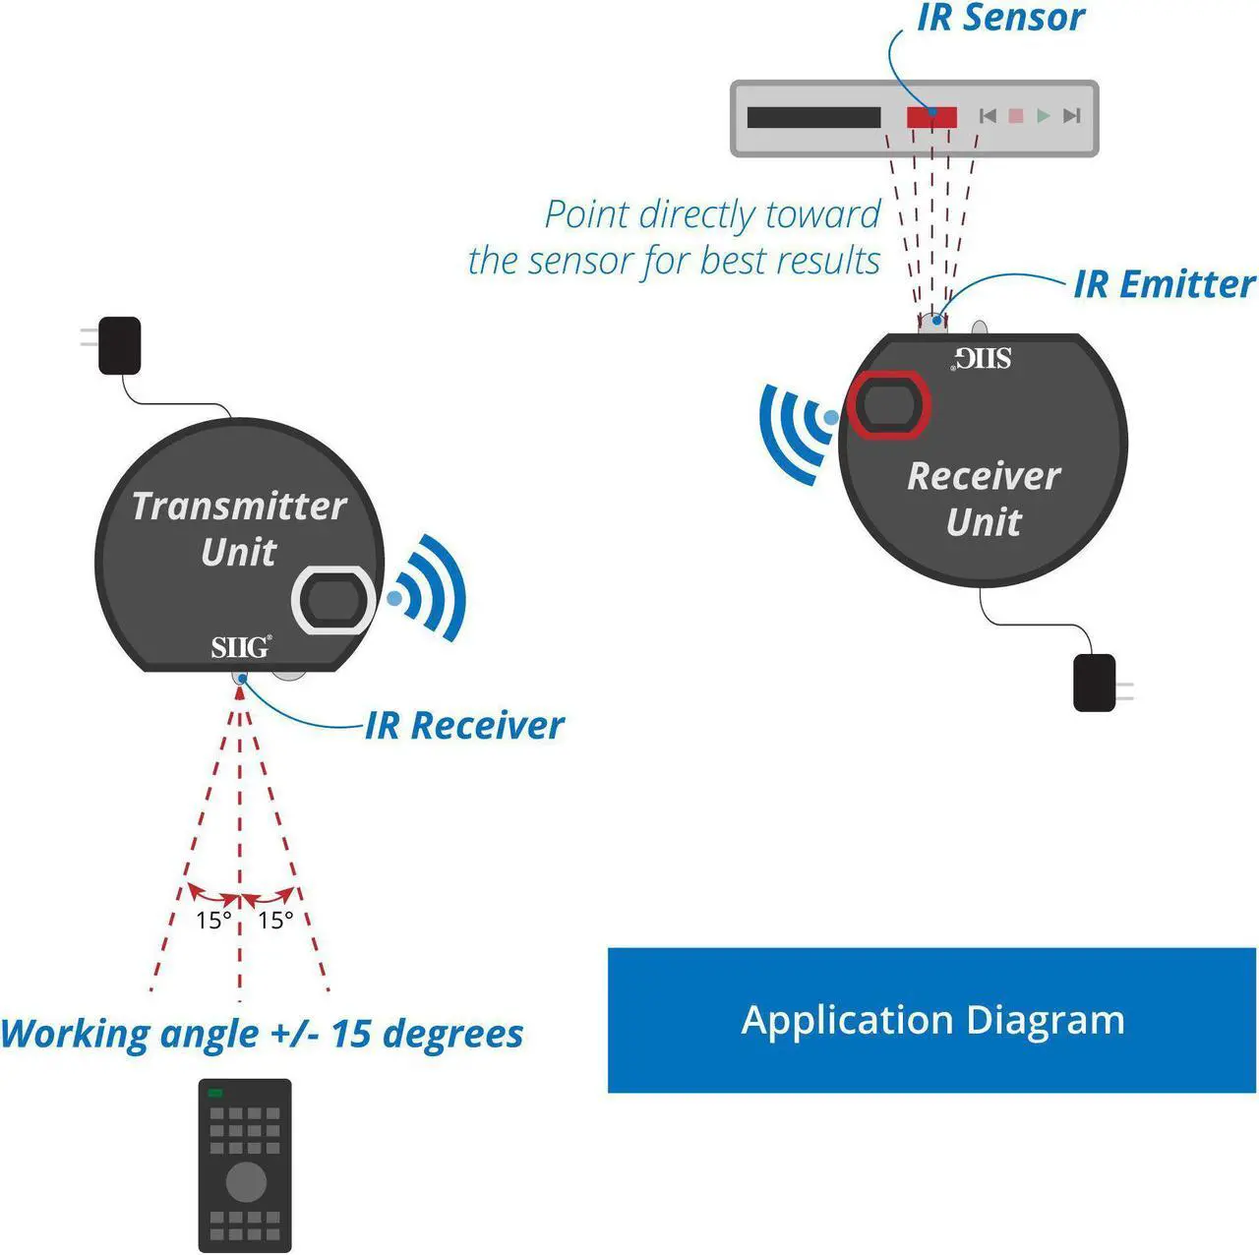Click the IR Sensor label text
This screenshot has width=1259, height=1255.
[x=1000, y=18]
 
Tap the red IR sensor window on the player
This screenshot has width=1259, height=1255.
[x=930, y=117]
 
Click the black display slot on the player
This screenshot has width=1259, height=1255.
[x=813, y=117]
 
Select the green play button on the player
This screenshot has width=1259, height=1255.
[x=1044, y=116]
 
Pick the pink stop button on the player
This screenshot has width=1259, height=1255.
[x=1016, y=116]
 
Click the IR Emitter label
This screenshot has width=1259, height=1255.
[x=1164, y=284]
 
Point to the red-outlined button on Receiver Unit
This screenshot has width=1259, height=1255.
[x=889, y=404]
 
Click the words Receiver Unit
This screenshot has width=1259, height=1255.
[x=984, y=499]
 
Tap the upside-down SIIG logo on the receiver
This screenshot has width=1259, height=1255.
[x=983, y=358]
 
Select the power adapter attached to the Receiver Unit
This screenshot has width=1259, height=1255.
[x=1095, y=683]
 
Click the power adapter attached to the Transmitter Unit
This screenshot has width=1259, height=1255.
[x=120, y=344]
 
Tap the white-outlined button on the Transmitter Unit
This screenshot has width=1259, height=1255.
[x=332, y=600]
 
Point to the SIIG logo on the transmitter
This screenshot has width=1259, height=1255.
[x=240, y=647]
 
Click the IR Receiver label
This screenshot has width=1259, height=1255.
[x=464, y=726]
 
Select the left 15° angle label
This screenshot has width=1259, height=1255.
[x=213, y=921]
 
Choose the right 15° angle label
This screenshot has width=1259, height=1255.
[x=275, y=921]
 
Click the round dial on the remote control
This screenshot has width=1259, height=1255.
[x=245, y=1181]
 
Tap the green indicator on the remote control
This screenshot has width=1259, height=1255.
[x=215, y=1093]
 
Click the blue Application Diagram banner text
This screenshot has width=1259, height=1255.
[x=932, y=1020]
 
